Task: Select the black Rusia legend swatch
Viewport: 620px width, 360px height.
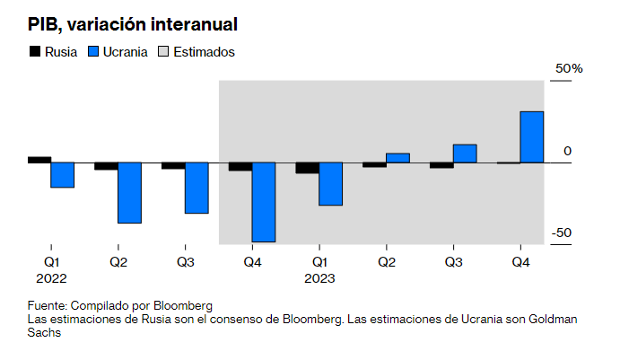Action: (35, 51)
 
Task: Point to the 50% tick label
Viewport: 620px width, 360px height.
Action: (569, 69)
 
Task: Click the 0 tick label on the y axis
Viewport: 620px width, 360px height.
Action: (567, 151)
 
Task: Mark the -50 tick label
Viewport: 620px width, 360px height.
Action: (562, 233)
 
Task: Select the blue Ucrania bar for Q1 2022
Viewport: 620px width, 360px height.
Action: (62, 175)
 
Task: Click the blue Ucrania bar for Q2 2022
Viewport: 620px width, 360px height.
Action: (130, 192)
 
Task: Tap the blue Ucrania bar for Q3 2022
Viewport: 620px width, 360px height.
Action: (196, 188)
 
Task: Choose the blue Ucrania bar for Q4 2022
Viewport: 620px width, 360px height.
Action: (263, 202)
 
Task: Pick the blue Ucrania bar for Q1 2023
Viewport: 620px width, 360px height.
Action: (331, 184)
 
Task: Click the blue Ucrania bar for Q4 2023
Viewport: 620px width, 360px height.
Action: (532, 137)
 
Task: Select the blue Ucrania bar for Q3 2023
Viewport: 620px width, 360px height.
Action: (465, 154)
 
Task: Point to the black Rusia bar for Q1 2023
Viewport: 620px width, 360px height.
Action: (308, 168)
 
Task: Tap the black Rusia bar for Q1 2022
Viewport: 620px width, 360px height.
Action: (39, 160)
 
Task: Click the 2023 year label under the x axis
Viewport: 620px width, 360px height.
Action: (319, 278)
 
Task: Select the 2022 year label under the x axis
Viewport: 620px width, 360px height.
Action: (52, 278)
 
